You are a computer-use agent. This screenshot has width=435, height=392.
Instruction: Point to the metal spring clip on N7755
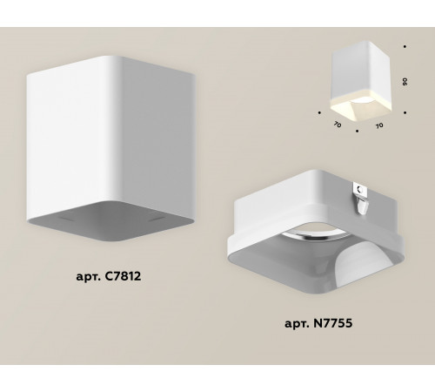(361, 199)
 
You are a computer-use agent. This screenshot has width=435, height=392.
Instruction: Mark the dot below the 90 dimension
(405, 113)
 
